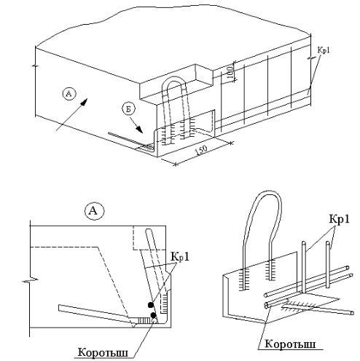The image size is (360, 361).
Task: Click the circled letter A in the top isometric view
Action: tap(69, 94)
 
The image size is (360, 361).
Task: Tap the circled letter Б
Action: tap(128, 110)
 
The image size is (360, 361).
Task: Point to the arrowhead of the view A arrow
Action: tap(83, 102)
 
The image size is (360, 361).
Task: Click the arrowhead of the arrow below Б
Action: tap(139, 130)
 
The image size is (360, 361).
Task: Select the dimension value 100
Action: tap(231, 73)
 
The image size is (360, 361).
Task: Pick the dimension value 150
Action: tap(201, 150)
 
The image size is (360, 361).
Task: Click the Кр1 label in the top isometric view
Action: tap(324, 50)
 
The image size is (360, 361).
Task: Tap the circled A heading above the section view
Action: tap(94, 211)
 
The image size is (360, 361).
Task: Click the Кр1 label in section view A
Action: tap(180, 257)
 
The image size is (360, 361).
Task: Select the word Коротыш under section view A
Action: tap(103, 352)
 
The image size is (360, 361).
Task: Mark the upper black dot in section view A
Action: tap(151, 305)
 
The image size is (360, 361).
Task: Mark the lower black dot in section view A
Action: tap(153, 315)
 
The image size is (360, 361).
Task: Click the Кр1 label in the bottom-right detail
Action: tap(340, 219)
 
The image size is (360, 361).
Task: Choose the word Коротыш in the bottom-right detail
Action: tap(290, 344)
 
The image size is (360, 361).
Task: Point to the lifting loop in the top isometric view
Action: tap(174, 80)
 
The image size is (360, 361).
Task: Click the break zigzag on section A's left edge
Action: tap(30, 280)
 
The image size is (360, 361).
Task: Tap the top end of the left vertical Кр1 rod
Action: tap(303, 242)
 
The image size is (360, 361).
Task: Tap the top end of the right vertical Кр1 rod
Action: tap(328, 242)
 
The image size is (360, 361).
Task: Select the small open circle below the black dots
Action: tap(154, 321)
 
